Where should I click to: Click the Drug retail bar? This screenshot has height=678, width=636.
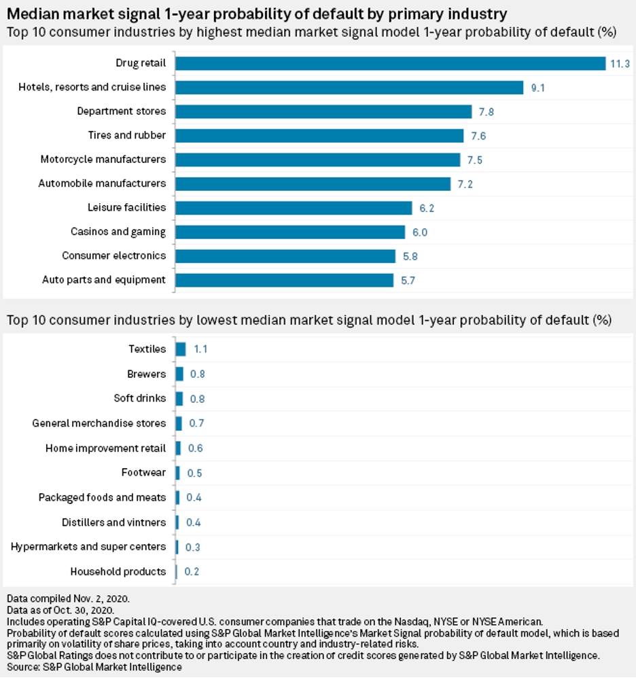391,63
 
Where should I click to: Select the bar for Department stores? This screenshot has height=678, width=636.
323,111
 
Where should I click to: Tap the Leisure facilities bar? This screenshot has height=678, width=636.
294,208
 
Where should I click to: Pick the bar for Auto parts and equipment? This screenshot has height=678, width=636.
285,280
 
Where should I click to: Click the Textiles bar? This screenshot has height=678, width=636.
181,349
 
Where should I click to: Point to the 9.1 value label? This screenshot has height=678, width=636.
537,88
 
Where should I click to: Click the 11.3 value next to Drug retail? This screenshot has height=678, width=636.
620,63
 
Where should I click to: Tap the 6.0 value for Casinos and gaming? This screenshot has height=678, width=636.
420,232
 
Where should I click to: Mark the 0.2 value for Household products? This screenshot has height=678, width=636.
192,572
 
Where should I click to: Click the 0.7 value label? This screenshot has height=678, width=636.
196,423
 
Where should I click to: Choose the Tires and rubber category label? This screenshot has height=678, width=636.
126,135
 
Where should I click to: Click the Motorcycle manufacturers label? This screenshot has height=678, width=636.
103,159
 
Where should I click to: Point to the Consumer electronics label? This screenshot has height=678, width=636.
113,255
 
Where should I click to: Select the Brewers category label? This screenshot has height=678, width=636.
146,374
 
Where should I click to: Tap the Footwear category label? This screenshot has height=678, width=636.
143,472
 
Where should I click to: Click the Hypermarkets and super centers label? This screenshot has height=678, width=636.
88,546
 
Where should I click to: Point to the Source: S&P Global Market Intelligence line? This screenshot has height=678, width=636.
94,667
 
